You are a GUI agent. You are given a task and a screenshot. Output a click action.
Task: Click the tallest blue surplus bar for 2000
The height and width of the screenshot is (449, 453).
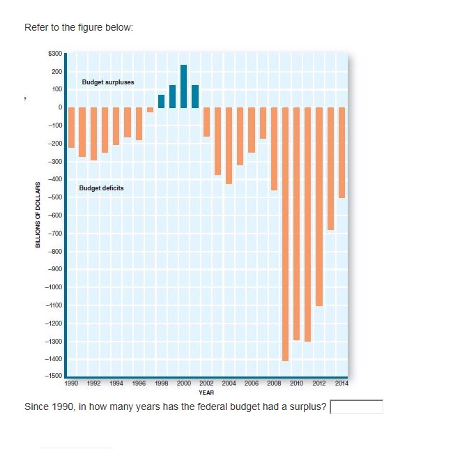[184, 86]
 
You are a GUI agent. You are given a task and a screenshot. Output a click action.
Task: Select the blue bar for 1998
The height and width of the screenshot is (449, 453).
[161, 101]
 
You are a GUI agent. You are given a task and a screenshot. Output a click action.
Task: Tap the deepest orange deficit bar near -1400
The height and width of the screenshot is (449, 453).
[285, 234]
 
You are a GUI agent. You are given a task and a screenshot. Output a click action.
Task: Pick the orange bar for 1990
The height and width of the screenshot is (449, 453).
[71, 127]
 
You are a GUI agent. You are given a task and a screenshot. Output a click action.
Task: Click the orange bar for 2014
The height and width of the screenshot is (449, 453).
[341, 152]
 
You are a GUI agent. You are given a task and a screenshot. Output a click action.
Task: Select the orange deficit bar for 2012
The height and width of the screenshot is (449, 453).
[319, 206]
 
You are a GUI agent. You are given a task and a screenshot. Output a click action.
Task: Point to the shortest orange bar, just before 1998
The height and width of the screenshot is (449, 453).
[150, 109]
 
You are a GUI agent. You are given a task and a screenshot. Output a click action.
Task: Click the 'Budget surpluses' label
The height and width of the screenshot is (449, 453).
[108, 82]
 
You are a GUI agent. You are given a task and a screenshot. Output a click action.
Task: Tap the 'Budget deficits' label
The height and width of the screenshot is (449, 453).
[102, 188]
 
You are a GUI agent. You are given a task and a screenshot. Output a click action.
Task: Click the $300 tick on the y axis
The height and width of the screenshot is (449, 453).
[56, 54]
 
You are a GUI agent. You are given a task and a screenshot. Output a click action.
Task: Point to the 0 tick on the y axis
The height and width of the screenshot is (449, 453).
[61, 107]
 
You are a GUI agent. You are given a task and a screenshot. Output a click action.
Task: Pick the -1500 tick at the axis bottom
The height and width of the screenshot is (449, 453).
[54, 376]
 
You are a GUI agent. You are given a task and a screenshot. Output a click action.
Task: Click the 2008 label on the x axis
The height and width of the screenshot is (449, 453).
[274, 383]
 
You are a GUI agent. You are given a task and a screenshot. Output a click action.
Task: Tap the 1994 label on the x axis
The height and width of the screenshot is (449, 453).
[116, 383]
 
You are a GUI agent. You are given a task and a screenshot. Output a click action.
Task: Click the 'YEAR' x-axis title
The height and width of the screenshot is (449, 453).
[206, 393]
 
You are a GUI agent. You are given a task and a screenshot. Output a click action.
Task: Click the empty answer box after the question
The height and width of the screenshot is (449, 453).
[356, 406]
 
